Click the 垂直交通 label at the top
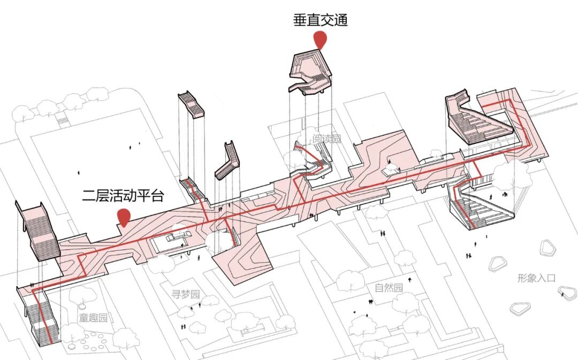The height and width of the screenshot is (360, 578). [320, 21]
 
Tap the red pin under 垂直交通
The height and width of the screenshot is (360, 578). [320, 41]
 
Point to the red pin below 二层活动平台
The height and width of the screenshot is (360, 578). [124, 216]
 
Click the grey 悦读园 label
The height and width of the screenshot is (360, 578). [326, 140]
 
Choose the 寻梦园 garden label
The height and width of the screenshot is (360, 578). [185, 294]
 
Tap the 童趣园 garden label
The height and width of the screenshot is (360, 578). [94, 318]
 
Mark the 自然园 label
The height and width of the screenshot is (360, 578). [389, 288]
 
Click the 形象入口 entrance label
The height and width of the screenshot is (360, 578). [537, 278]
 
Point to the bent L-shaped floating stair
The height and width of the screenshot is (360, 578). [227, 160]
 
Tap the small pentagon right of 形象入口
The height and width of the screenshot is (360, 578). [566, 292]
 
